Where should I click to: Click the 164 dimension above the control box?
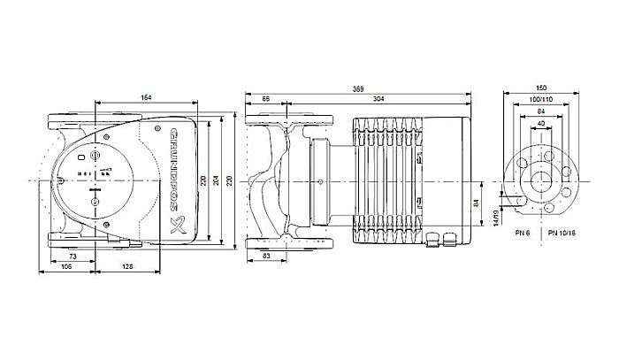click(x=143, y=98)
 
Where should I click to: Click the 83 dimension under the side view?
click(x=266, y=256)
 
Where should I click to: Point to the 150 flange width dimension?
click(x=542, y=89)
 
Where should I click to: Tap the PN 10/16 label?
click(x=560, y=232)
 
